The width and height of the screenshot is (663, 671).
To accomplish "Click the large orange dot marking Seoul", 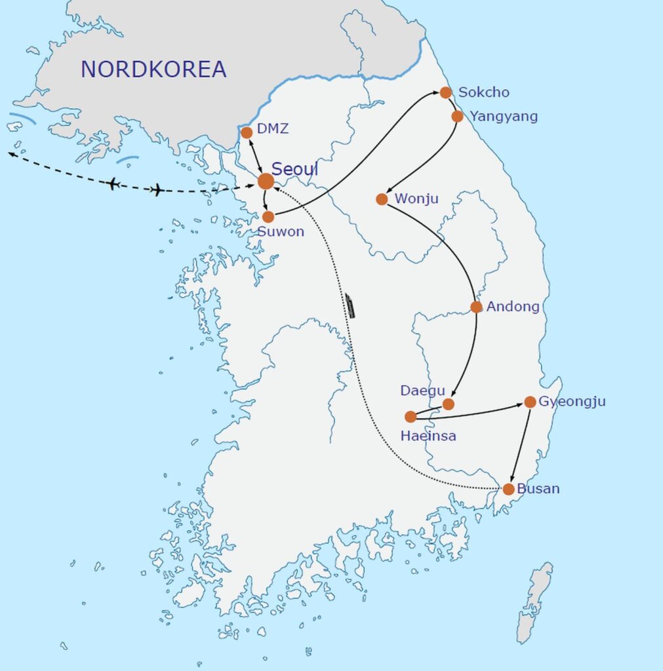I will pos(266,182).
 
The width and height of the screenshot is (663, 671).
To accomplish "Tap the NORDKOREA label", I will pos(153,69).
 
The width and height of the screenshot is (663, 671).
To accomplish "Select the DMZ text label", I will pos(273,129).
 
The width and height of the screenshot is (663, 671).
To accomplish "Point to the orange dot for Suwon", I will pos(268,217).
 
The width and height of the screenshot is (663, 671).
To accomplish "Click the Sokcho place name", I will pos(483,92).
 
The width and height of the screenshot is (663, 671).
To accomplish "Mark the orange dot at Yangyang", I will pos(458,117).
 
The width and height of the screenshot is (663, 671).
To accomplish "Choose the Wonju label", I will pos(416,198).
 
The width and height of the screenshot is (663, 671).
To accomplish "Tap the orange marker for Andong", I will pos(477,307).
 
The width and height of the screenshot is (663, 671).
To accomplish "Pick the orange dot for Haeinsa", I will pos(411,417).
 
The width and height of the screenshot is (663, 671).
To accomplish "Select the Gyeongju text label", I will pos(572,402).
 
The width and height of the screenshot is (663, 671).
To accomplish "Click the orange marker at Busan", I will pos(509,489).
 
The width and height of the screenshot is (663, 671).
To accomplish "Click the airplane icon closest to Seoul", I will pos(157,190).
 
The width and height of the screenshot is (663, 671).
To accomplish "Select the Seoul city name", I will pos(295,169).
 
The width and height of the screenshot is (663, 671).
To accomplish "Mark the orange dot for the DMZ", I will pos(247,132).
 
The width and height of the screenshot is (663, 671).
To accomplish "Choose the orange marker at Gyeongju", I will pos(531,402).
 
